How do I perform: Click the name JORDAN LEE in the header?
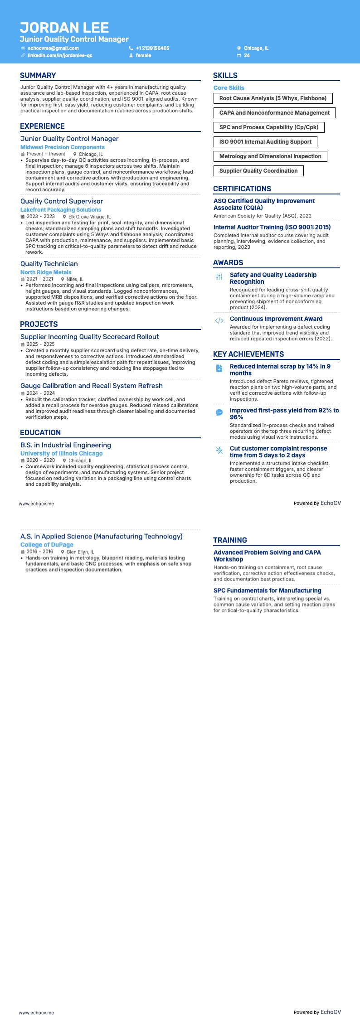pos(64,28)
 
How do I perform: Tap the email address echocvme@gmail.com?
pos(53,48)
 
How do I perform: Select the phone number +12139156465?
pos(152,48)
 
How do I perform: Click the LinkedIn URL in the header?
pos(60,55)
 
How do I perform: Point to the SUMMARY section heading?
pos(38,76)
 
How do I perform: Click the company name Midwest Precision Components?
pos(63,147)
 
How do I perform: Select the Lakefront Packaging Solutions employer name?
pos(61,210)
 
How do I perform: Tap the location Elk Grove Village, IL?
pos(89,217)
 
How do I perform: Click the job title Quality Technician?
pos(49,264)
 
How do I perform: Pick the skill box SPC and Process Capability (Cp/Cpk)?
pos(269,127)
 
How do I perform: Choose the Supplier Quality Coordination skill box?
pos(258,171)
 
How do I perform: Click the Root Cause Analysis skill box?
pos(273,98)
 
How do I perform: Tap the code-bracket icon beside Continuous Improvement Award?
pos(219,320)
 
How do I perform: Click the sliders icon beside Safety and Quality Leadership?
pos(219,276)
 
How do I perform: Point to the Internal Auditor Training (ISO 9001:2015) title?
pos(272,227)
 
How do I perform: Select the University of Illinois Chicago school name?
pos(62,453)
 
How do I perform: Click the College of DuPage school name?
pos(47,545)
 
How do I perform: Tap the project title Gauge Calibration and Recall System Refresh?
pos(92,386)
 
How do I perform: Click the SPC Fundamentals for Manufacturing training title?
pos(268,591)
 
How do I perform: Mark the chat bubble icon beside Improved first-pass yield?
pos(219,412)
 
